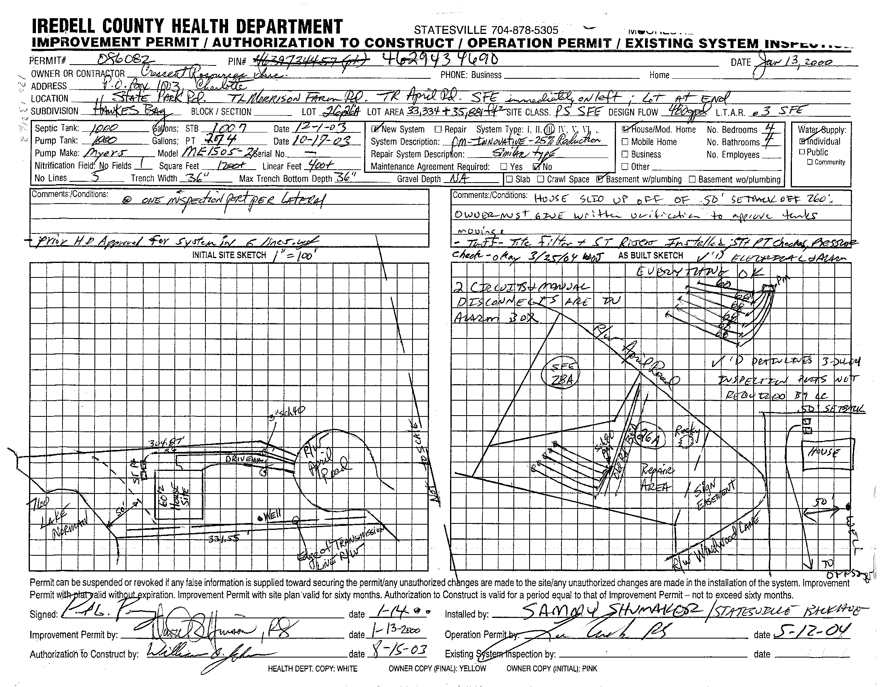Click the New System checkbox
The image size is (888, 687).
(x=375, y=129)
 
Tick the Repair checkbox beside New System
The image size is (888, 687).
(x=438, y=129)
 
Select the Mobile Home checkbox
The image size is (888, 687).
(x=625, y=142)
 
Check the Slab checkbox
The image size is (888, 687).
(x=509, y=179)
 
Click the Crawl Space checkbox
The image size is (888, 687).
(x=540, y=179)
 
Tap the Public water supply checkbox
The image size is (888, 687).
(x=802, y=152)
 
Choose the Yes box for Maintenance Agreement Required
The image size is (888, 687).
(x=504, y=166)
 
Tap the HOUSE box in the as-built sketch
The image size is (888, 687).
(x=826, y=454)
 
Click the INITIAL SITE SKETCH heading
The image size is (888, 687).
(x=229, y=255)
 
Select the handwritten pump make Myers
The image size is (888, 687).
(x=105, y=153)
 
